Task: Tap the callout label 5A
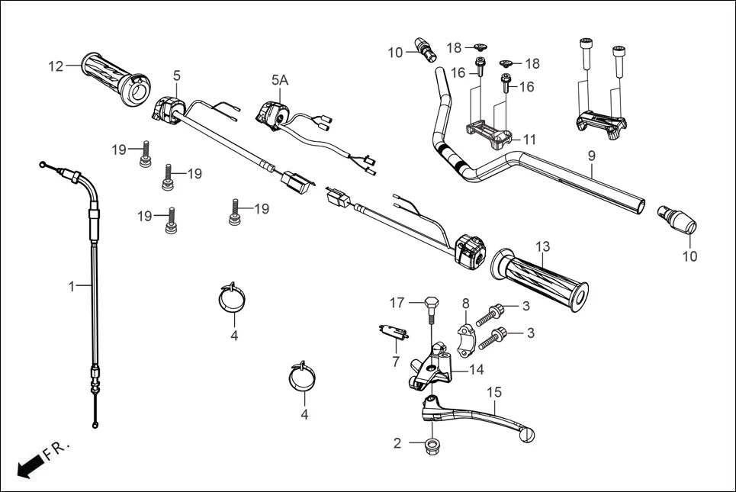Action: [x=280, y=79]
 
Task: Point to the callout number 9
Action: [x=591, y=156]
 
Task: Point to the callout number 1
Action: [x=71, y=286]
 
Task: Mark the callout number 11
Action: [x=529, y=140]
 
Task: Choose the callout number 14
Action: [x=477, y=370]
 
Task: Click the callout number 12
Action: [x=56, y=66]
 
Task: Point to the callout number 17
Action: [x=397, y=303]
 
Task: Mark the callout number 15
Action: [x=494, y=391]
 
